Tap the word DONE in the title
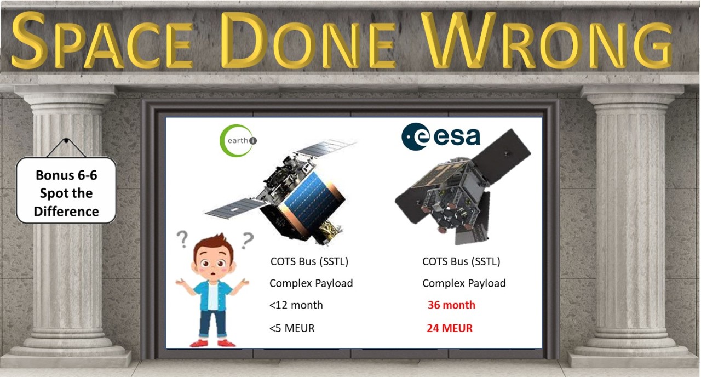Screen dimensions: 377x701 (309, 41)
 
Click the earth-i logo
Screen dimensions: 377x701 (238, 140)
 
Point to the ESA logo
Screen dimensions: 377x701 (441, 136)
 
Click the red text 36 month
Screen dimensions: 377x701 (451, 305)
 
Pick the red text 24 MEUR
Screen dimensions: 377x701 (450, 329)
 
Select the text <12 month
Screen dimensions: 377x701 (296, 305)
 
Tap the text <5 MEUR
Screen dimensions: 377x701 (292, 329)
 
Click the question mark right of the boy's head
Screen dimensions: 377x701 (248, 239)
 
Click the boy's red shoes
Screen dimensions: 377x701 (212, 343)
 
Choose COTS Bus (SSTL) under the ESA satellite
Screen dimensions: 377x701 (461, 261)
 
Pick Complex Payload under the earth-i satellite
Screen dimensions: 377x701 (311, 283)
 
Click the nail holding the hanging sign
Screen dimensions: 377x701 (66, 141)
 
